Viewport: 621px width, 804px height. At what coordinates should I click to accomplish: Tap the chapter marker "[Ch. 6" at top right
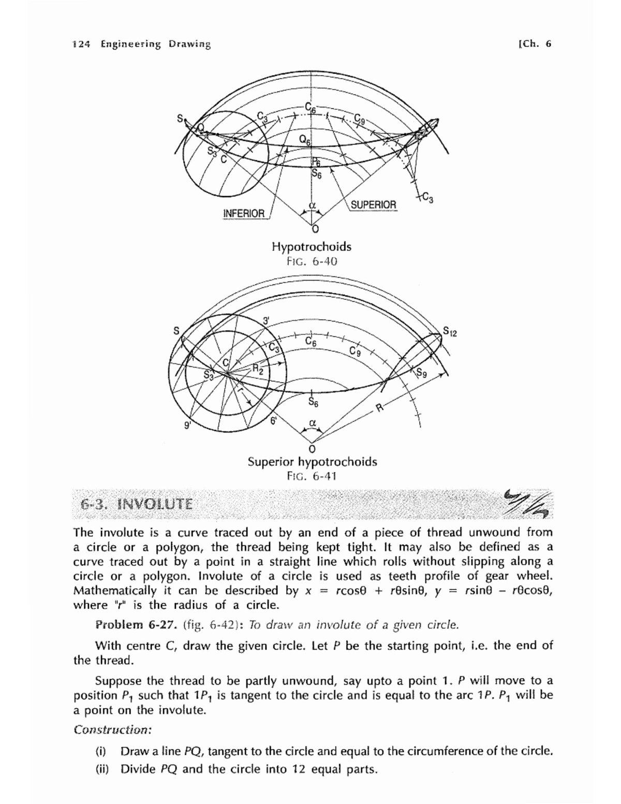point(535,44)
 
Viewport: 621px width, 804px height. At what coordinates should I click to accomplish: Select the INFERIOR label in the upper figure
point(243,213)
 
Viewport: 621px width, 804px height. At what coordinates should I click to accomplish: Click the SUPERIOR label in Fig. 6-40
point(373,205)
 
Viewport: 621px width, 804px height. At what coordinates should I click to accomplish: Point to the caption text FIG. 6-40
point(312,261)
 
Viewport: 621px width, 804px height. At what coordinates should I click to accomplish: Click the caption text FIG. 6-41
point(312,476)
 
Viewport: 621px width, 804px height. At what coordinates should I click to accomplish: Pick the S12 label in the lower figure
point(450,331)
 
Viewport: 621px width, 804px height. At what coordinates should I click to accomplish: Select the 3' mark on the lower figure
point(266,320)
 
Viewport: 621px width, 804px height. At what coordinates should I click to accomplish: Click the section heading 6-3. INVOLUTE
point(137,504)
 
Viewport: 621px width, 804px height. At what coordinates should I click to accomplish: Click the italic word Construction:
point(112,730)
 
